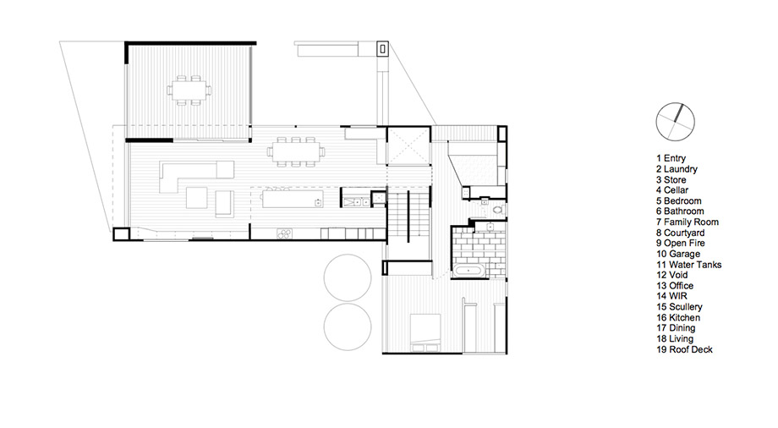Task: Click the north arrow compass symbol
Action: pos(675,122)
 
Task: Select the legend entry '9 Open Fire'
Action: pos(680,244)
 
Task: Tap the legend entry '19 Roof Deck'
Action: pos(684,349)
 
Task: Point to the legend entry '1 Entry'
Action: pos(671,158)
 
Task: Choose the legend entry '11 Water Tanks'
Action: pos(688,265)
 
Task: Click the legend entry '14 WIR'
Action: pos(671,296)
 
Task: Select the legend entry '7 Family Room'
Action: pos(688,222)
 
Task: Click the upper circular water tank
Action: pos(348,278)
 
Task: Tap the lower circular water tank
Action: pos(348,327)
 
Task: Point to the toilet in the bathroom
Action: pos(498,210)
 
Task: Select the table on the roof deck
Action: pos(189,91)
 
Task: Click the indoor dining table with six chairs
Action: pos(296,151)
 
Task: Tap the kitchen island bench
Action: pos(293,199)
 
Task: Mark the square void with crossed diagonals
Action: pos(408,146)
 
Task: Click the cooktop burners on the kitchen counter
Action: pos(284,233)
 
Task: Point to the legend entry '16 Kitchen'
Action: pos(678,318)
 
